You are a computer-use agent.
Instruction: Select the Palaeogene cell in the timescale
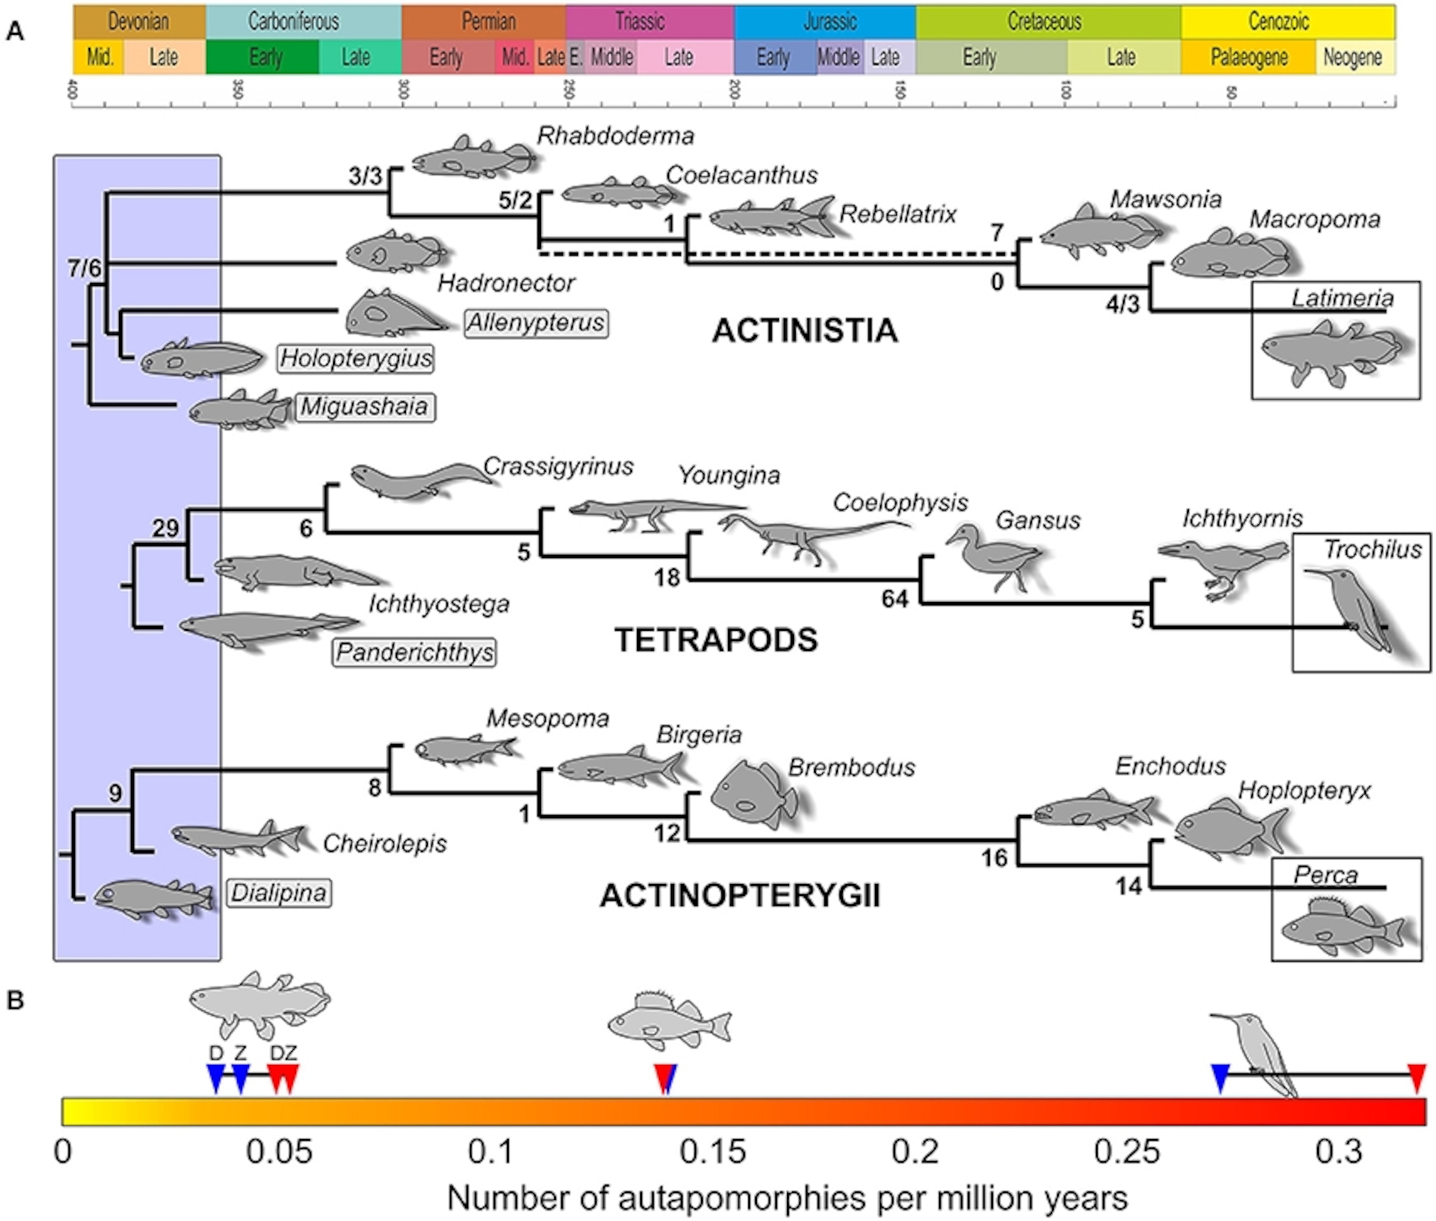1248,57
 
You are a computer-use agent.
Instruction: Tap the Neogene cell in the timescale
1354,57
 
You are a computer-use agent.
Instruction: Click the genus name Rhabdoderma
615,136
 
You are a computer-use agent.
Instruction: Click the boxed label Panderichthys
414,652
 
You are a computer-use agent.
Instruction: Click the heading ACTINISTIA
805,331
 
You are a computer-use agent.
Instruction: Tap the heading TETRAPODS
716,640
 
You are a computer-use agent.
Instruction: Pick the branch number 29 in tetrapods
165,529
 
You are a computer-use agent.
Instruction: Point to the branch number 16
994,858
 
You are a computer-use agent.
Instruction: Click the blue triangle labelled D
216,1078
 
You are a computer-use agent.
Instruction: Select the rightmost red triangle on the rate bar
1417,1078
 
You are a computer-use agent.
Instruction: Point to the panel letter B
15,1000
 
